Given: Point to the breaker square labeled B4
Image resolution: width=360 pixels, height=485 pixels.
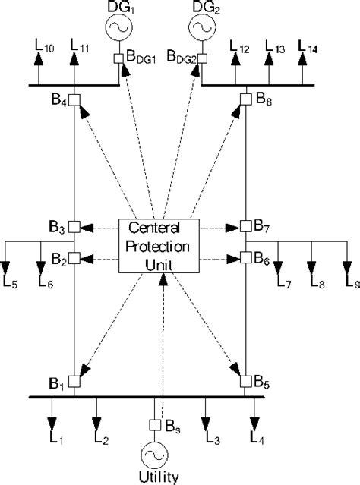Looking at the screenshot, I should pyautogui.click(x=74, y=99).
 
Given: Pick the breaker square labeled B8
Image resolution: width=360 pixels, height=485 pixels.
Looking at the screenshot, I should pyautogui.click(x=245, y=99).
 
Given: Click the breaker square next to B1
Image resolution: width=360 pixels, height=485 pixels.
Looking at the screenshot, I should pyautogui.click(x=74, y=380).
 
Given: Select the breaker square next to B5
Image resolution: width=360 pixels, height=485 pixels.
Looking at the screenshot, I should pyautogui.click(x=245, y=380).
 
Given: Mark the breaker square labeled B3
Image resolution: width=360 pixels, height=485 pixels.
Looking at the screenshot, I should pyautogui.click(x=74, y=226).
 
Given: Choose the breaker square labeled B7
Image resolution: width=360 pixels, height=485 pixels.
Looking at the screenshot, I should pyautogui.click(x=245, y=226).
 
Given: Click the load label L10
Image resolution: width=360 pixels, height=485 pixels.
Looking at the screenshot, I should pyautogui.click(x=44, y=51).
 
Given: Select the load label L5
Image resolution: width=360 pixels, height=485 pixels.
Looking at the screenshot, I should pyautogui.click(x=14, y=283).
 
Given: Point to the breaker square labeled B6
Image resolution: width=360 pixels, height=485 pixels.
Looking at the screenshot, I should pyautogui.click(x=245, y=257).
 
